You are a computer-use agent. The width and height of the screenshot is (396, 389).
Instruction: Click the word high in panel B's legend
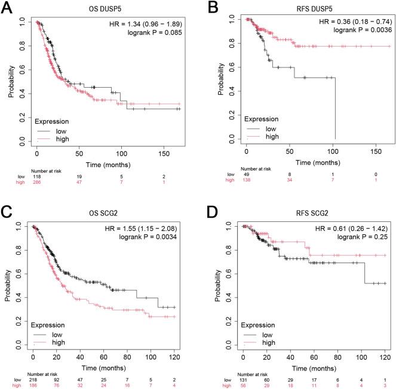(x=272, y=136)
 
